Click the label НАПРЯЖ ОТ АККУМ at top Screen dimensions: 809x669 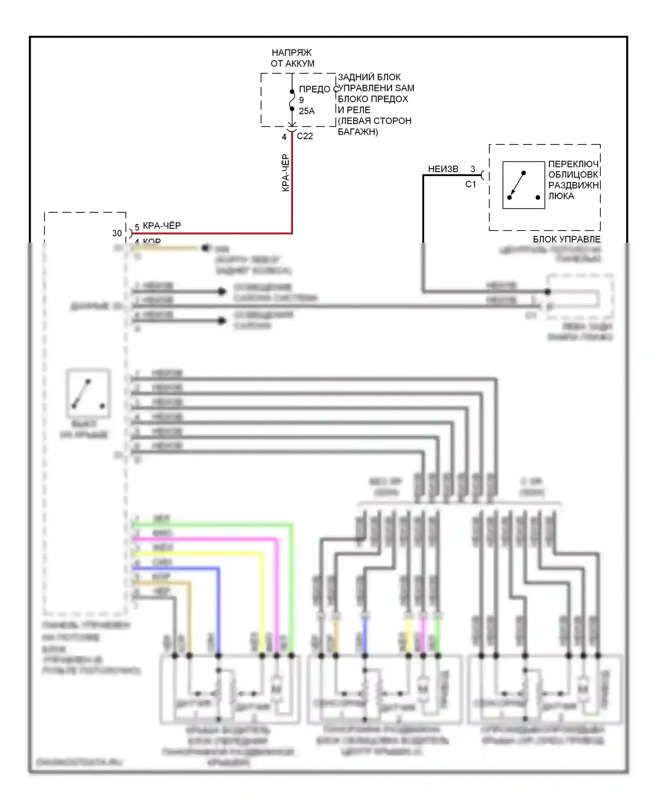[x=292, y=58]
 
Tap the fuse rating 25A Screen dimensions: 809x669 [x=307, y=111]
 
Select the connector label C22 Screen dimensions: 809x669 [x=305, y=136]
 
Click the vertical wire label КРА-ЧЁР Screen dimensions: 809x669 [x=285, y=173]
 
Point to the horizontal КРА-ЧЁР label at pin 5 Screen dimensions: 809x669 [x=162, y=226]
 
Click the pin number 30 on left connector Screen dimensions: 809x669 [x=117, y=233]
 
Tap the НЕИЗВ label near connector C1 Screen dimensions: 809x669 [x=443, y=169]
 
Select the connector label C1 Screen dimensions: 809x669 [x=471, y=184]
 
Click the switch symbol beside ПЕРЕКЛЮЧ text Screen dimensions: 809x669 [x=523, y=185]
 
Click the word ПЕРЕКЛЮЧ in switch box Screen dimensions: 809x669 [x=573, y=164]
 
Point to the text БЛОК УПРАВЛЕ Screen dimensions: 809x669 [x=566, y=239]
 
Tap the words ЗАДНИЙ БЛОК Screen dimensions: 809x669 [x=369, y=77]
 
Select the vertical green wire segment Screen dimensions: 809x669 [x=292, y=589]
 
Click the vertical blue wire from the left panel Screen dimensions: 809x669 [x=219, y=611]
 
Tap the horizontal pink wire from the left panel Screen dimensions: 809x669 [x=205, y=539]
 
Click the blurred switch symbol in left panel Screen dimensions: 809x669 [x=88, y=394]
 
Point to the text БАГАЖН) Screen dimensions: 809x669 [x=358, y=132]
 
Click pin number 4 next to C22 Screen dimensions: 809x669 [x=284, y=137]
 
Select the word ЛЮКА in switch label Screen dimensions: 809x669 [x=561, y=196]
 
